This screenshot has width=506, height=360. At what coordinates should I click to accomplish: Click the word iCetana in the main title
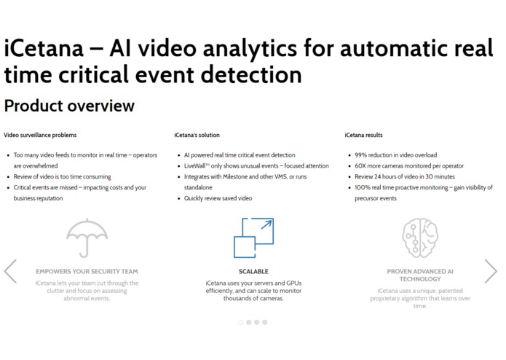[x=44, y=48]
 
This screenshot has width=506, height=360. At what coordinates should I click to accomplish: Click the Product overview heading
[x=69, y=106]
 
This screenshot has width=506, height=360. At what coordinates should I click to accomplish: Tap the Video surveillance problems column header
[x=40, y=135]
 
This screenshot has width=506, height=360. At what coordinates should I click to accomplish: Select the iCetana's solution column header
[x=197, y=135]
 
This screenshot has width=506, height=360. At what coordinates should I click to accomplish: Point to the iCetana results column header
[x=363, y=135]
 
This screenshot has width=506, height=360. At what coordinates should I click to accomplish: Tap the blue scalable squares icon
[x=253, y=238]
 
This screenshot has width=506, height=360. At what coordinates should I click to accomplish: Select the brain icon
[x=420, y=238]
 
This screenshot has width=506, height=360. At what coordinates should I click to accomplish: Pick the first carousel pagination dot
[x=241, y=322]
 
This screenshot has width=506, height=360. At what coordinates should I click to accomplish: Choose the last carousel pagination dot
[x=265, y=322]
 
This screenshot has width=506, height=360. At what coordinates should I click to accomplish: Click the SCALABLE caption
[x=253, y=272]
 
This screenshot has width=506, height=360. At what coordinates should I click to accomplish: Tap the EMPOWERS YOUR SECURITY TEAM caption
[x=87, y=272]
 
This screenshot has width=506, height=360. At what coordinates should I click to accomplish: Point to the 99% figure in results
[x=361, y=155]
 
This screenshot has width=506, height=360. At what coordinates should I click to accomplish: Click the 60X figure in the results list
[x=360, y=166]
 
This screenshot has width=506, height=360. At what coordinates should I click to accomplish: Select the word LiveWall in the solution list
[x=194, y=166]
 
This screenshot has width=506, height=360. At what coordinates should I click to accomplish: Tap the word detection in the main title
[x=251, y=74]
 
